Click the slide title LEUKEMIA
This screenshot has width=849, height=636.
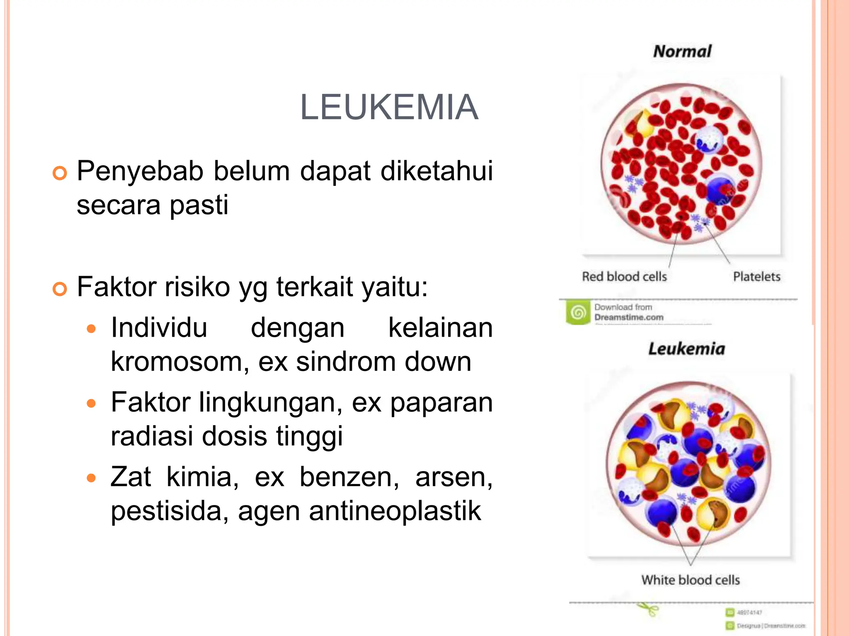(x=389, y=107)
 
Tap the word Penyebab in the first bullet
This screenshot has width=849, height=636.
(x=140, y=171)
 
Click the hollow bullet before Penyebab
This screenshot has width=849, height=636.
(x=60, y=173)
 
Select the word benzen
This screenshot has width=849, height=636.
(x=348, y=477)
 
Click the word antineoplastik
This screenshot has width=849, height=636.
(x=395, y=511)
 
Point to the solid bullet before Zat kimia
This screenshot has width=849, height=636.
(x=91, y=479)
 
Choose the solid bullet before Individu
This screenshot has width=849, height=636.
(x=91, y=329)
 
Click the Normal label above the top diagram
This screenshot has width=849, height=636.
(x=682, y=51)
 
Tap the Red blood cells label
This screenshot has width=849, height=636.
(x=624, y=277)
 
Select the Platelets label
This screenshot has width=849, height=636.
(x=757, y=277)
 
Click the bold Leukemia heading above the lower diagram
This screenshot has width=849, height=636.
(x=686, y=349)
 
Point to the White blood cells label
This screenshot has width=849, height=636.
(x=691, y=580)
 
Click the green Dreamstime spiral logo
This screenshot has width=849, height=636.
(x=578, y=312)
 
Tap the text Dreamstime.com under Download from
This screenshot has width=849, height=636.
(x=628, y=318)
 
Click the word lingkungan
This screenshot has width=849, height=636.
(x=270, y=402)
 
